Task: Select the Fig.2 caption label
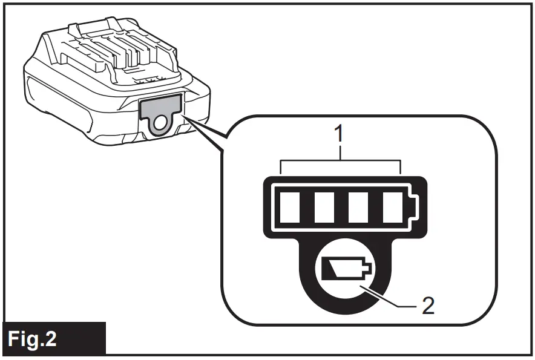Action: pos(54,338)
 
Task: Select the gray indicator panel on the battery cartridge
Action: pos(161,106)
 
